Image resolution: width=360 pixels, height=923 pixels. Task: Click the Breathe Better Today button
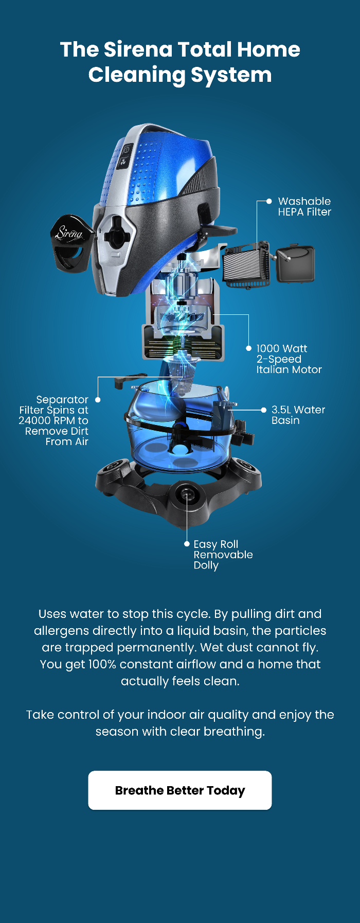tap(180, 790)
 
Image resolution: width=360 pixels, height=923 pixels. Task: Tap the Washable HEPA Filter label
tap(304, 206)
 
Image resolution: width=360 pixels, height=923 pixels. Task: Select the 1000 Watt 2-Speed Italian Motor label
tap(289, 359)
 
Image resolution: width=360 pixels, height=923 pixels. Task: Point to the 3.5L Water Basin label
tap(298, 415)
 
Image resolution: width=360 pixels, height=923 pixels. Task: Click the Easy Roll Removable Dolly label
tap(223, 555)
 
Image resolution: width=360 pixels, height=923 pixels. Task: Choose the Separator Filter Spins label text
tap(53, 420)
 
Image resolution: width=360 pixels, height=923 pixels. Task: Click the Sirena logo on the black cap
tap(70, 233)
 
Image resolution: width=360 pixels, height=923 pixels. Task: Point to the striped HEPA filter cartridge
tap(246, 265)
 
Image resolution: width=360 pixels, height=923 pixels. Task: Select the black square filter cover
tap(295, 264)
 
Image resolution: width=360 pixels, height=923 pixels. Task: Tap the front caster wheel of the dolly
tap(185, 495)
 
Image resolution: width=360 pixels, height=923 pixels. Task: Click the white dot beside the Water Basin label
tap(263, 410)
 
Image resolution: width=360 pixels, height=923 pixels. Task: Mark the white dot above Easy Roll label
tap(187, 543)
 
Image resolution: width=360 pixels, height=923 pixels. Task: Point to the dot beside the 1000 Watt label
tap(248, 348)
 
